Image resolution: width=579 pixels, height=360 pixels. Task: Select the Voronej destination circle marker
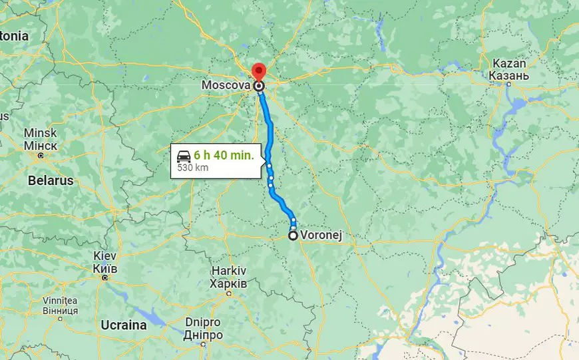coord(293,235)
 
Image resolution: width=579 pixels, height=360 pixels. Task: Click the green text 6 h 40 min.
coord(224,155)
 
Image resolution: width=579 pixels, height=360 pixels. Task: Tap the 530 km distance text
coord(193,168)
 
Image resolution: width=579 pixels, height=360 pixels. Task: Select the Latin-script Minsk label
coord(41,133)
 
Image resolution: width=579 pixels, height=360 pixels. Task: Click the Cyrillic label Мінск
coord(41,145)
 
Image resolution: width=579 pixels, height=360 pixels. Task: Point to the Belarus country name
coord(51,180)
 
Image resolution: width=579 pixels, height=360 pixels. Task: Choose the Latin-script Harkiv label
coord(229,271)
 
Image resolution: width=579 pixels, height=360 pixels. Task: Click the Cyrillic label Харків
coord(229,283)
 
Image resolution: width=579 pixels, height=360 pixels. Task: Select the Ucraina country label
coord(123,325)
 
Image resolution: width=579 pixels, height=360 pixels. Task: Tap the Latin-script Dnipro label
coord(204,323)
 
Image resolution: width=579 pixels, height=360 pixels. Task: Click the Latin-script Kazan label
coord(509,64)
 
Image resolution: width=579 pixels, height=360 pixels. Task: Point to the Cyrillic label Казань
coord(509,76)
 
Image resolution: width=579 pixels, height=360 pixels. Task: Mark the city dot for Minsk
coord(41,155)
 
